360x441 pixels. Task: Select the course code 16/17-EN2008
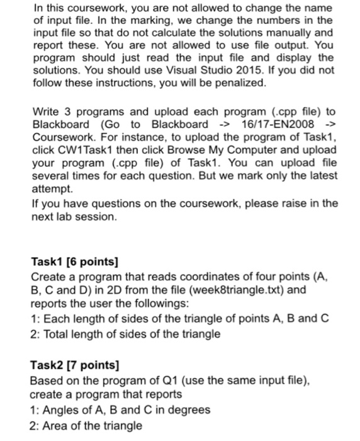click(x=280, y=123)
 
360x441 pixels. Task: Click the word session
click(x=98, y=216)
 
